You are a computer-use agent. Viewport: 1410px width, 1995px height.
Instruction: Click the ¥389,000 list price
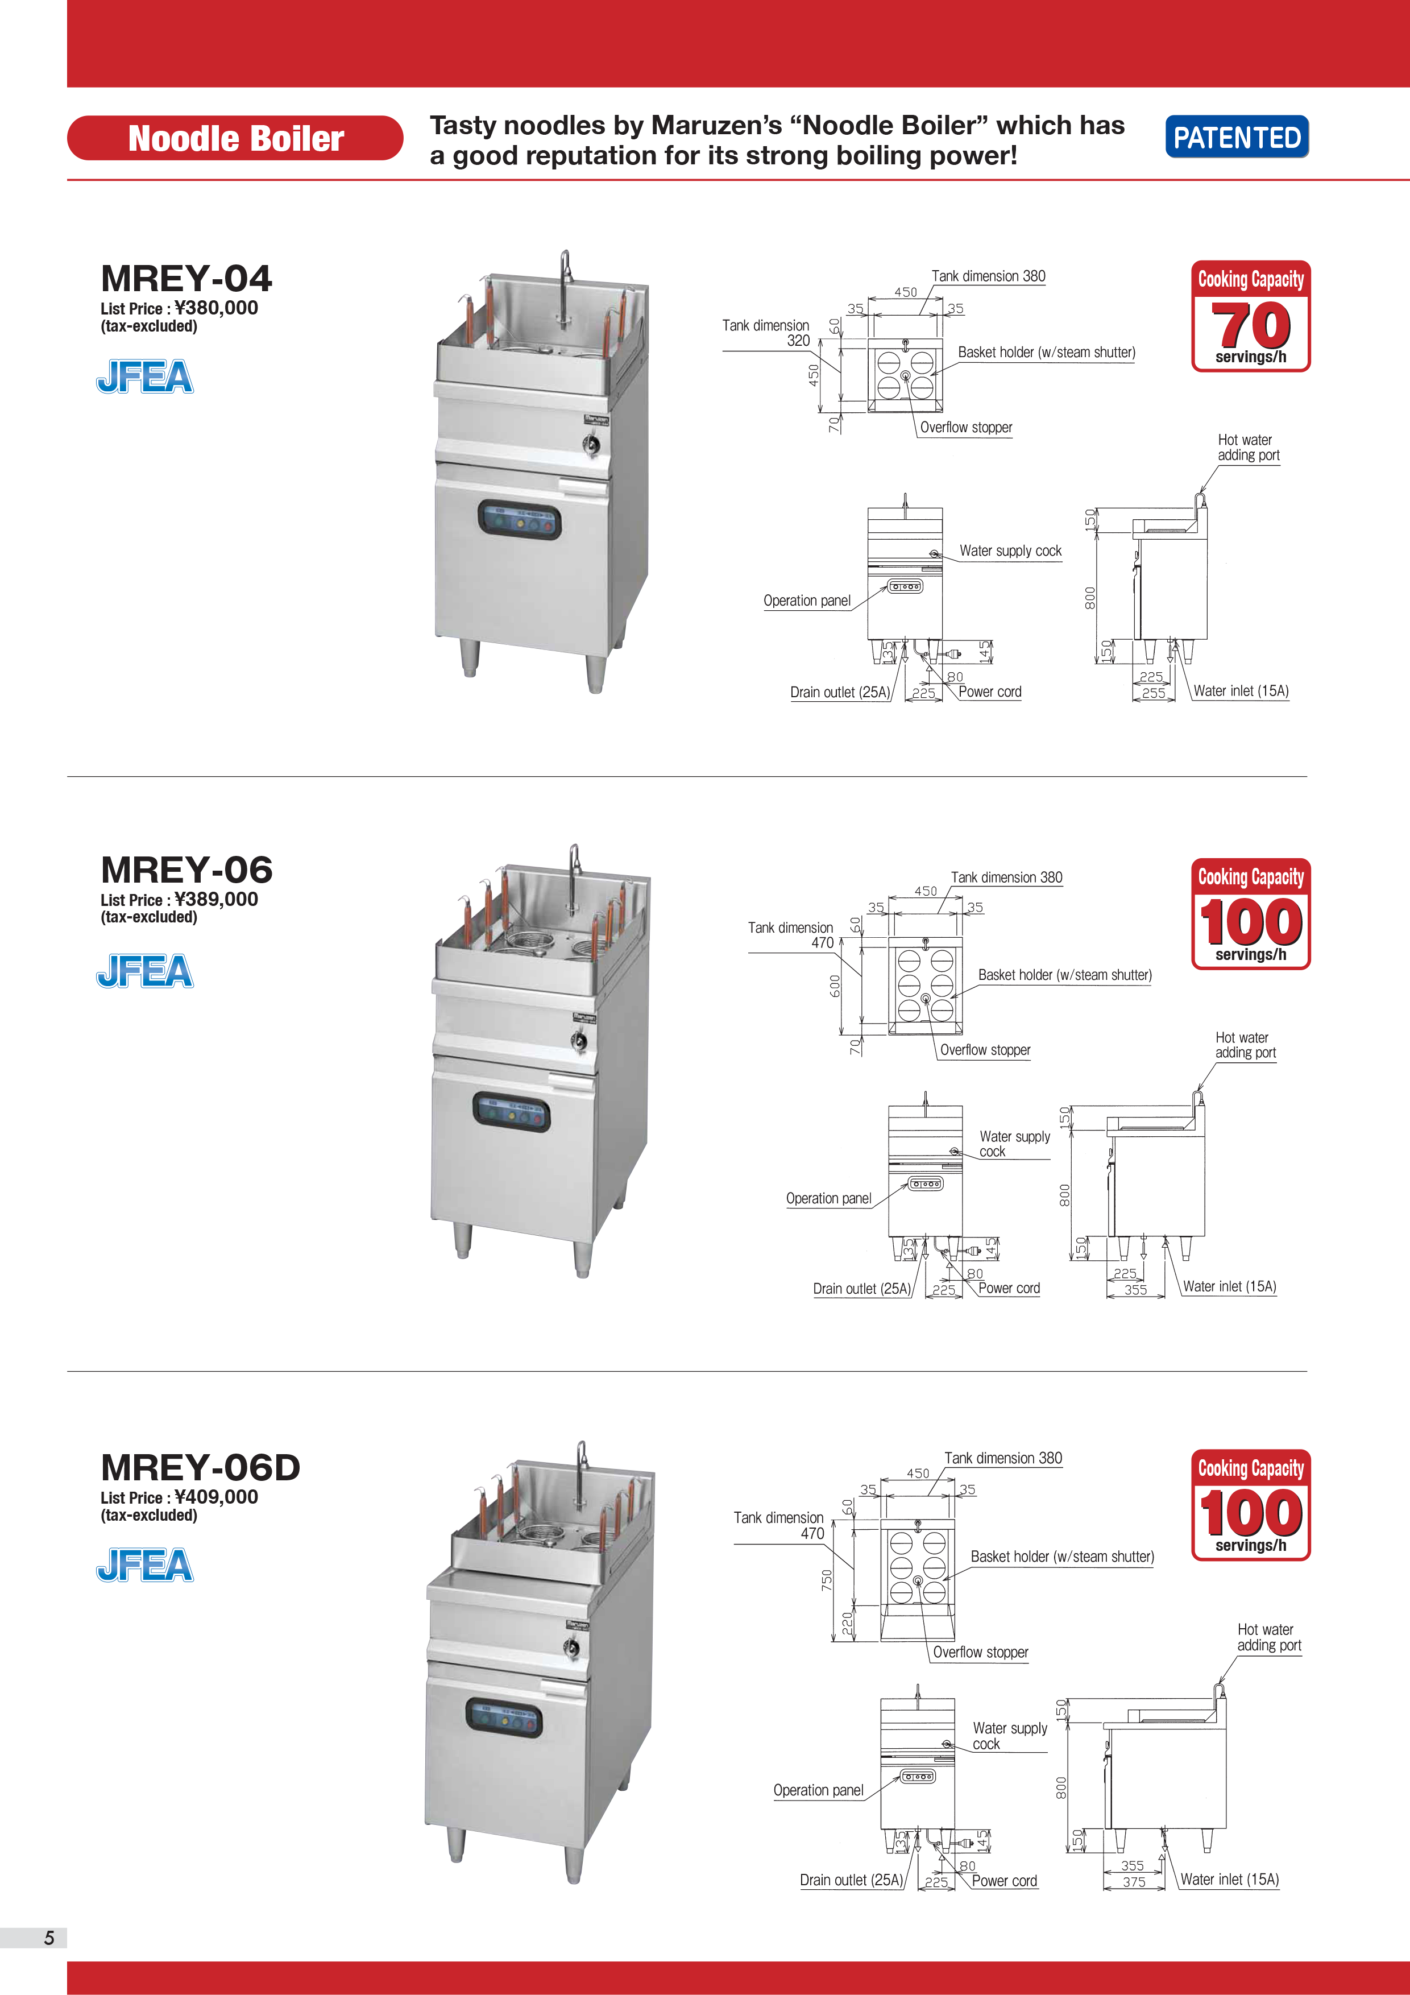216,899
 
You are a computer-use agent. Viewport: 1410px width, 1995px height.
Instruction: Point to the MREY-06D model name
201,1468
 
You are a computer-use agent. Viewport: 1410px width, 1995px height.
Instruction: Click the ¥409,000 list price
216,1497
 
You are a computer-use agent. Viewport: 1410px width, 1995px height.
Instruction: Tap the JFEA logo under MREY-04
144,376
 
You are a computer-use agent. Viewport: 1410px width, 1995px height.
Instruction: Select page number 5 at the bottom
49,1938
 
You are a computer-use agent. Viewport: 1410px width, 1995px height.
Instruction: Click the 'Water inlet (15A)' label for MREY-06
1229,1287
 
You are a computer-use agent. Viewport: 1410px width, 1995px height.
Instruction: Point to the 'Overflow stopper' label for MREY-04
966,428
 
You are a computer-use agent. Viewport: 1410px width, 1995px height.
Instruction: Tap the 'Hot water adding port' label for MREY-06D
1269,1637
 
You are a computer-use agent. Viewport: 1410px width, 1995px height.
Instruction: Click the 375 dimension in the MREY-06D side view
1134,1882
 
